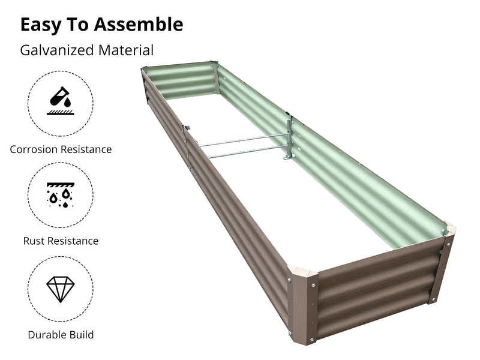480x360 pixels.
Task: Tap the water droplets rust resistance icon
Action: (x=60, y=195)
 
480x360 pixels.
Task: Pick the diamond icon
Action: (x=60, y=289)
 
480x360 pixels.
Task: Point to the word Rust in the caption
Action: (x=34, y=241)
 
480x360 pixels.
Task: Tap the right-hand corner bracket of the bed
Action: (x=443, y=264)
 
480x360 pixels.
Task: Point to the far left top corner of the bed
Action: (x=144, y=71)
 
